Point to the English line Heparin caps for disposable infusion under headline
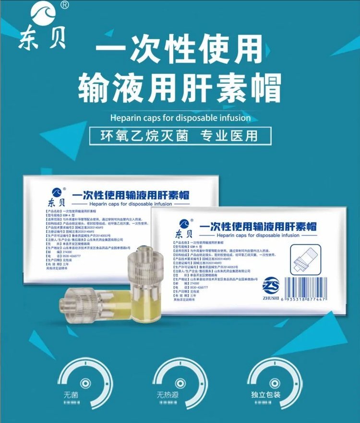(180, 117)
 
